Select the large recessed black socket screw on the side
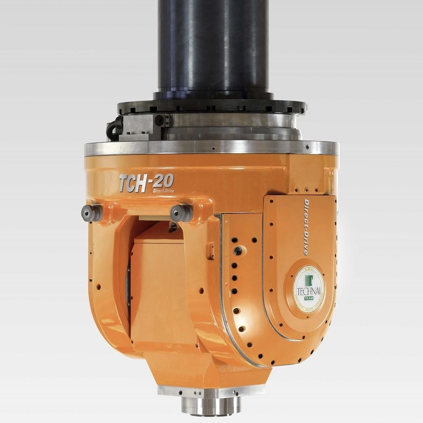coord(240,250)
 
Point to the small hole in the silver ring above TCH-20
coord(213,149)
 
